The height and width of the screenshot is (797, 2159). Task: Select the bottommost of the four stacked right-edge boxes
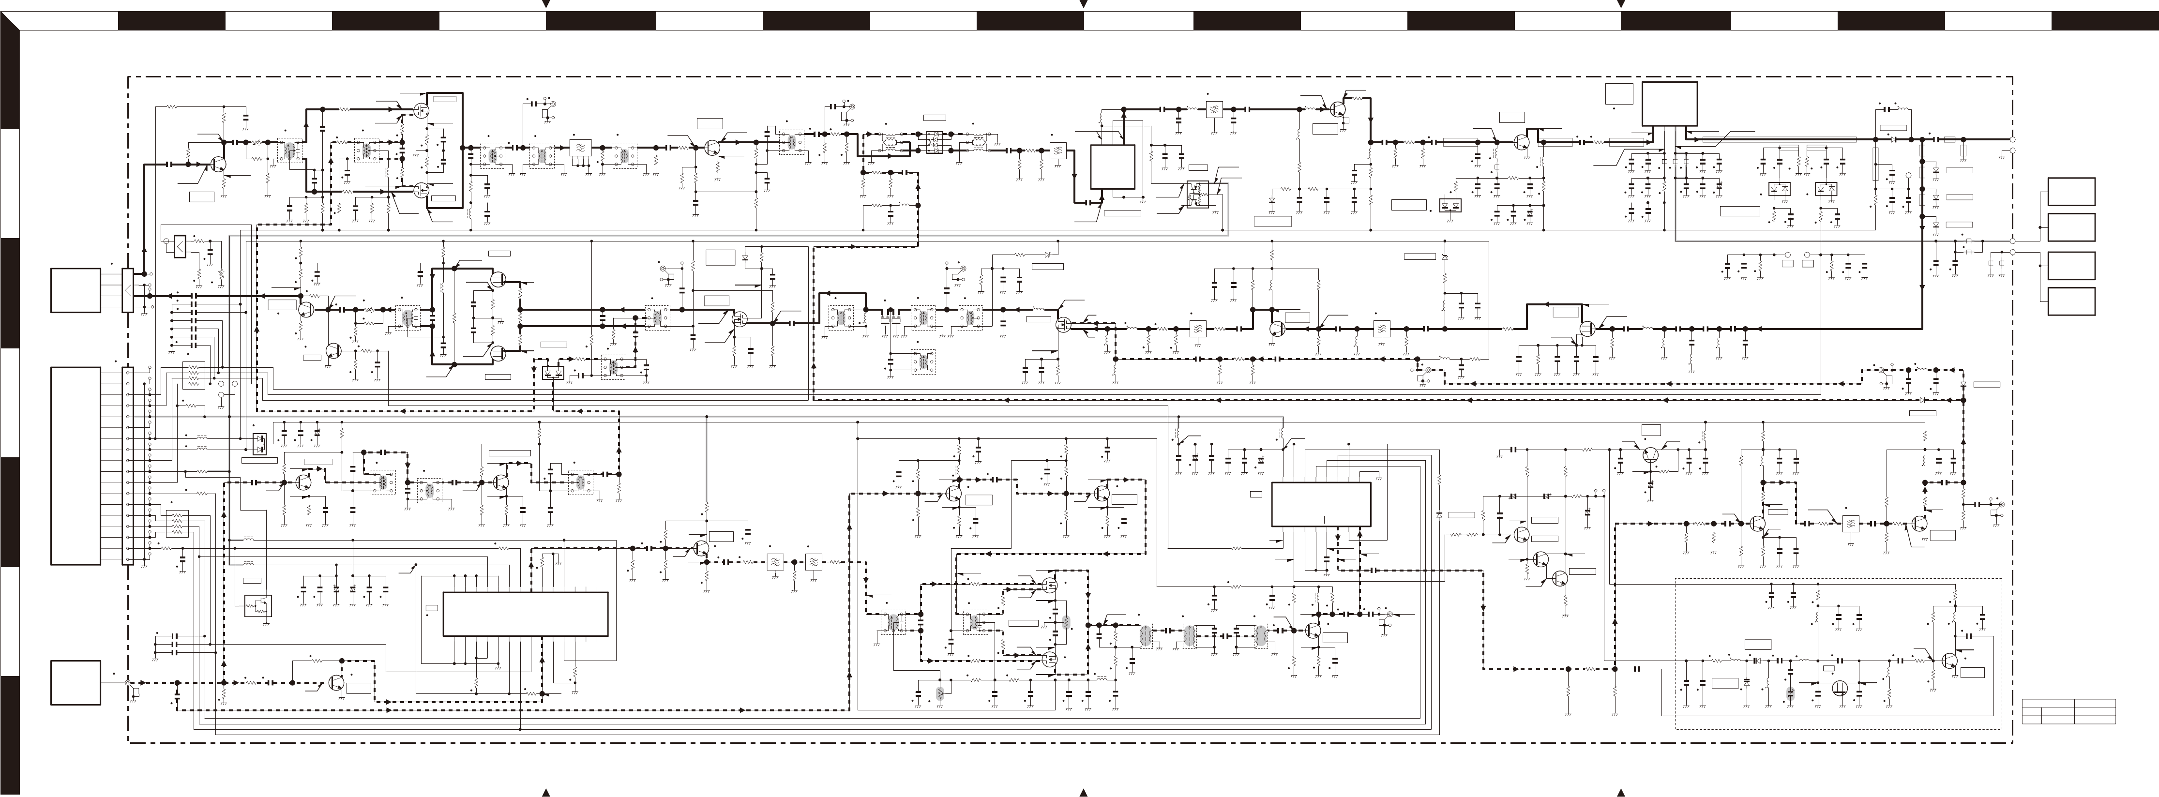2071,301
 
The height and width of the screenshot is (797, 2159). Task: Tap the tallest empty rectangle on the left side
75,465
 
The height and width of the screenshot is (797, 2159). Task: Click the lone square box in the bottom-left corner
75,682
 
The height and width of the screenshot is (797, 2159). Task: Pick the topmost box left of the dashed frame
75,290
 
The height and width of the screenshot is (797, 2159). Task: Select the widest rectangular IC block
525,614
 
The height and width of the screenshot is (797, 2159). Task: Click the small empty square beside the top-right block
1619,94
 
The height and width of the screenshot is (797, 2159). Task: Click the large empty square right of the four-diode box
1112,167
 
